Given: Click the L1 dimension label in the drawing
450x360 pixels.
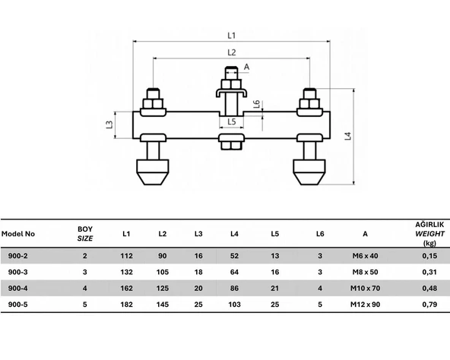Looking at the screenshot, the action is click(x=231, y=36).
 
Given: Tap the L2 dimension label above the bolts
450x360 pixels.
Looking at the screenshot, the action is click(x=231, y=52).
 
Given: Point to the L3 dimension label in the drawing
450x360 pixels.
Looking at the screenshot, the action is click(x=109, y=125).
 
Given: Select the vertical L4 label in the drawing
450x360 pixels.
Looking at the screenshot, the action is click(x=348, y=136).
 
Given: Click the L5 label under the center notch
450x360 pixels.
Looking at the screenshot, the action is click(x=231, y=122).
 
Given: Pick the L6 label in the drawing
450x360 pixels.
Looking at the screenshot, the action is click(x=257, y=104).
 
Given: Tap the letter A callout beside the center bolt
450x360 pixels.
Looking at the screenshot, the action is click(x=246, y=67).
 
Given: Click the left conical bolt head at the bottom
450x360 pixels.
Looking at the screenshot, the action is click(x=153, y=172).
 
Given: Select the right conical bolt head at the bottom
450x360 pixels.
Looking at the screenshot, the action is click(x=309, y=172).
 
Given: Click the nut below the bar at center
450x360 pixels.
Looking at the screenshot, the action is click(x=231, y=145).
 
